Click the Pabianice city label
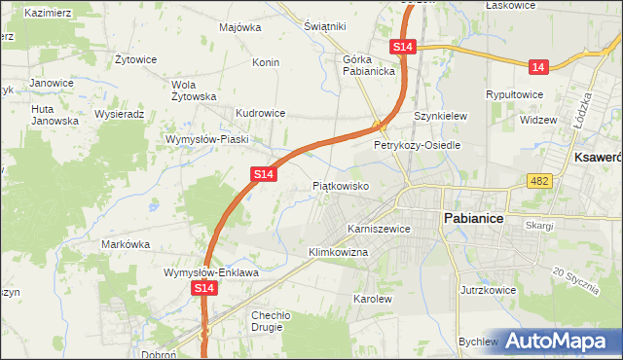point(473,219)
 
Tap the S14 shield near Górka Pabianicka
point(404,47)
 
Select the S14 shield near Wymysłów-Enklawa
point(203,289)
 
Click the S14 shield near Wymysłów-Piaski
point(262,173)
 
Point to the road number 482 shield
point(540,181)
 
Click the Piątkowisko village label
point(340,185)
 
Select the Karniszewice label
point(379,229)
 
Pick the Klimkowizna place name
point(338,252)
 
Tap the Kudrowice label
point(260,113)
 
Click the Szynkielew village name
point(441,116)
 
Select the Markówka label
point(124,244)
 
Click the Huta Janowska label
point(55,115)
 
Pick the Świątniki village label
point(325,26)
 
